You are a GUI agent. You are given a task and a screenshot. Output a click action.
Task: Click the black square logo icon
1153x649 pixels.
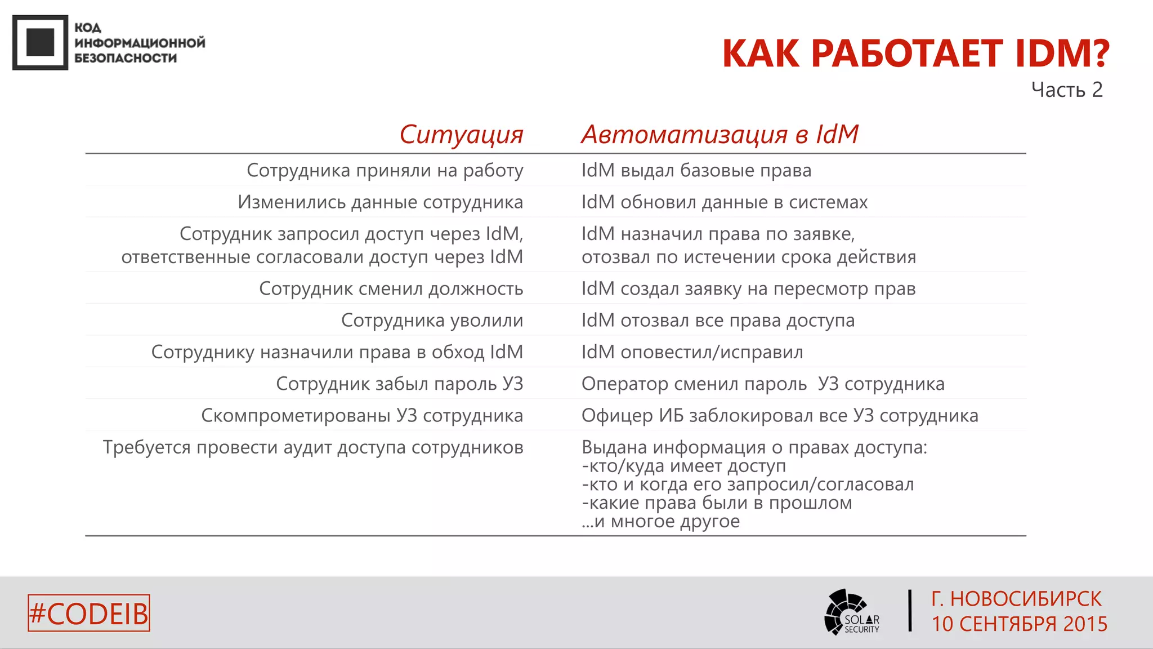click(x=40, y=42)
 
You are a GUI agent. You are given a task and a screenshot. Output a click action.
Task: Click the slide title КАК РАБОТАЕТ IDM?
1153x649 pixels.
click(x=915, y=54)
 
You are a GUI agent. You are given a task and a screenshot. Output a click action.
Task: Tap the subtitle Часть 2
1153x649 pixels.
click(x=1066, y=90)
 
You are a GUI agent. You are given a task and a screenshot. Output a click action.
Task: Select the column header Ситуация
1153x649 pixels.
click(x=461, y=135)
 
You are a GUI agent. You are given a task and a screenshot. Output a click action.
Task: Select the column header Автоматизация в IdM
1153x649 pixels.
click(x=719, y=135)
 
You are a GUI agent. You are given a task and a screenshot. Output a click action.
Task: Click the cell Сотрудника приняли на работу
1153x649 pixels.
click(x=385, y=170)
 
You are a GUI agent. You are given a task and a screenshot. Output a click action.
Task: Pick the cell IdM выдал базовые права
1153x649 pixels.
click(x=696, y=170)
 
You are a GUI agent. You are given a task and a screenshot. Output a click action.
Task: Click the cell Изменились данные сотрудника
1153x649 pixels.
click(x=380, y=202)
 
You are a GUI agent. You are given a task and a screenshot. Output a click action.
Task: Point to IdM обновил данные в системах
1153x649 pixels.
click(x=724, y=202)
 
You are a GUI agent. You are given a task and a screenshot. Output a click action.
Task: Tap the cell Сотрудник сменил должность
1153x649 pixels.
click(x=391, y=288)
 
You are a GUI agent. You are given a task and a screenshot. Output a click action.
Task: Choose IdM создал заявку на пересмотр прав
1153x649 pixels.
click(x=748, y=288)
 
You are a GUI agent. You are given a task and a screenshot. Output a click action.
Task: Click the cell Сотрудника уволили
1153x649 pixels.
click(x=432, y=320)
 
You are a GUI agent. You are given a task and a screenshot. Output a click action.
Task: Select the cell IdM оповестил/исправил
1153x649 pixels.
click(x=692, y=352)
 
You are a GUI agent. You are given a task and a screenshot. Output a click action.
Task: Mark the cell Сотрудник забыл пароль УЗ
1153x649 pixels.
click(x=399, y=384)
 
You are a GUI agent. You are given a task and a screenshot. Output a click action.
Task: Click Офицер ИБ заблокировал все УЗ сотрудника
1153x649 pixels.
click(x=779, y=416)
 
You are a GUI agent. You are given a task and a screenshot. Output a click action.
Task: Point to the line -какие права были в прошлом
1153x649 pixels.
click(x=717, y=503)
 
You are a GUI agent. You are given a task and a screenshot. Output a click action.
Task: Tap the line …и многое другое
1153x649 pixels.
click(x=660, y=521)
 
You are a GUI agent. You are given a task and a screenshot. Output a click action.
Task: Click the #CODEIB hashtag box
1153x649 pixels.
click(x=89, y=613)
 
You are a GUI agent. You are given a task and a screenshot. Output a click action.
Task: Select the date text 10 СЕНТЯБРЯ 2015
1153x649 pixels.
click(x=1019, y=624)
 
